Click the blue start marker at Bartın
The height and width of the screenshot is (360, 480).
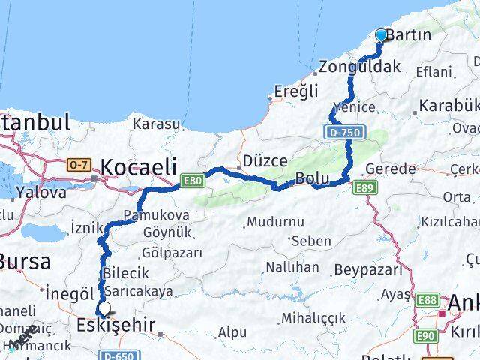381,34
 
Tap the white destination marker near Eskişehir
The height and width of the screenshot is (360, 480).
103,307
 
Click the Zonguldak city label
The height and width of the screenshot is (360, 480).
359,67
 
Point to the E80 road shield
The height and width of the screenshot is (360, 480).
191,180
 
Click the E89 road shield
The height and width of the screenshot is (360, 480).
365,187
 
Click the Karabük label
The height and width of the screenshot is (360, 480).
448,105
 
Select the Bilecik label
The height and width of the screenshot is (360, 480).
127,274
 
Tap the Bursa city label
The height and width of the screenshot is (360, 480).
25,262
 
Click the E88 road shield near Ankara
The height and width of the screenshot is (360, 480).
427,301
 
